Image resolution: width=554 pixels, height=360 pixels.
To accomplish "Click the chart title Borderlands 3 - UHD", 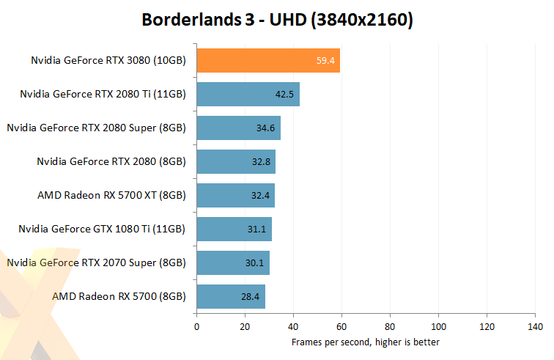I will [x=277, y=20].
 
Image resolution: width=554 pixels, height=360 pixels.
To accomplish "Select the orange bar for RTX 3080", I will [x=268, y=61].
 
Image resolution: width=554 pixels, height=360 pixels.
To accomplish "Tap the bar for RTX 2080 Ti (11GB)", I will [x=248, y=94].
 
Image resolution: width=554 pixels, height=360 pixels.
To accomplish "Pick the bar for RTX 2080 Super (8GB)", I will [x=238, y=128].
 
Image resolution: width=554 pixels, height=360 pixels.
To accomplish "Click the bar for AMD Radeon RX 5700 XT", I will [x=235, y=196].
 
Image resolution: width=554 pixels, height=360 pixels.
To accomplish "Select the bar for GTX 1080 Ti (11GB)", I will [x=234, y=229].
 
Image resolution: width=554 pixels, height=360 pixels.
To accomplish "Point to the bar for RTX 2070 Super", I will [x=233, y=262].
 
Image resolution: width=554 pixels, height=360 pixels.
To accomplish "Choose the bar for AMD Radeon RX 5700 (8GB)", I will [x=231, y=296].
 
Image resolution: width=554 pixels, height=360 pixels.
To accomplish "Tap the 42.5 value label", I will [x=285, y=94].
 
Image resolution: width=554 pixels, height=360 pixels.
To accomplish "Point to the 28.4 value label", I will [x=251, y=296].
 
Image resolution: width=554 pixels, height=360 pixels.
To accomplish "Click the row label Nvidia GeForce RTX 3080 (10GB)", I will [x=108, y=61].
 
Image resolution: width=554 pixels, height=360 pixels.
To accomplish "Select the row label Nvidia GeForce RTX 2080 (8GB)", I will [x=111, y=161].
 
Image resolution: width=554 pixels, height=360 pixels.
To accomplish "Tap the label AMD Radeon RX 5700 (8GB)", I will [x=119, y=296].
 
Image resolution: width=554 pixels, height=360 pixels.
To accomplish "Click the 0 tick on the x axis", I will [x=196, y=326].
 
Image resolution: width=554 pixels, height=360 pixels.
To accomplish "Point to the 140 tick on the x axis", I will [x=535, y=326].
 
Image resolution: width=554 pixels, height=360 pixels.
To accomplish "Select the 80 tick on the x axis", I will [x=390, y=326].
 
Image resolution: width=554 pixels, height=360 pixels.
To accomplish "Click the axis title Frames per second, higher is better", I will [x=365, y=342].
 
